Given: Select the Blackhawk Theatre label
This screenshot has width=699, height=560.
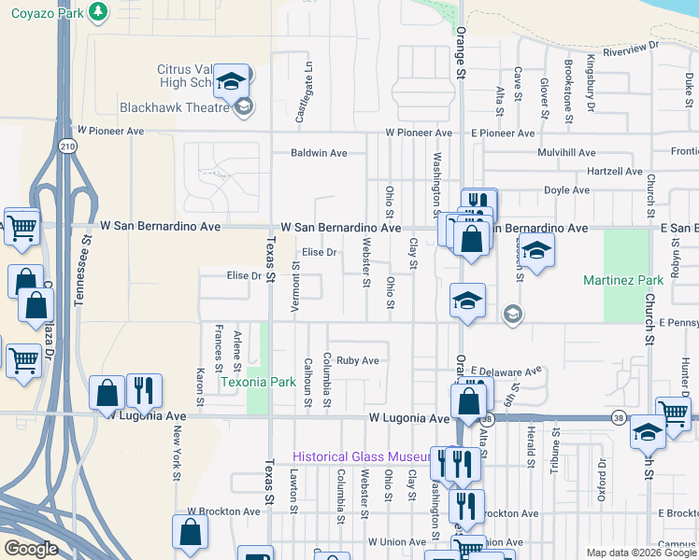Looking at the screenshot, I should [175, 107].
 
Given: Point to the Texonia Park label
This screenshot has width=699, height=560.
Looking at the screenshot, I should [257, 382].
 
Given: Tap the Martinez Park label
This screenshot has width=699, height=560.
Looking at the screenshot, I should [622, 280].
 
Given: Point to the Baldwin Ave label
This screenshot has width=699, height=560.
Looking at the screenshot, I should [319, 153].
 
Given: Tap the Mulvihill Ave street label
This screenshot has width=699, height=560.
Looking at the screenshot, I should [566, 152].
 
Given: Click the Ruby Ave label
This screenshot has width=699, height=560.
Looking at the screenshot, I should [358, 360].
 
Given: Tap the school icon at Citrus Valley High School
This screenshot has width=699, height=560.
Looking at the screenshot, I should [231, 83].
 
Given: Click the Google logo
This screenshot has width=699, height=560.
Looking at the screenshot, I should [31, 549].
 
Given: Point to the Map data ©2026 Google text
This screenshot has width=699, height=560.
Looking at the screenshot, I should [639, 553].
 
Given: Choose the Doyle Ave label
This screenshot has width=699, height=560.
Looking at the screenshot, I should [566, 190].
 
